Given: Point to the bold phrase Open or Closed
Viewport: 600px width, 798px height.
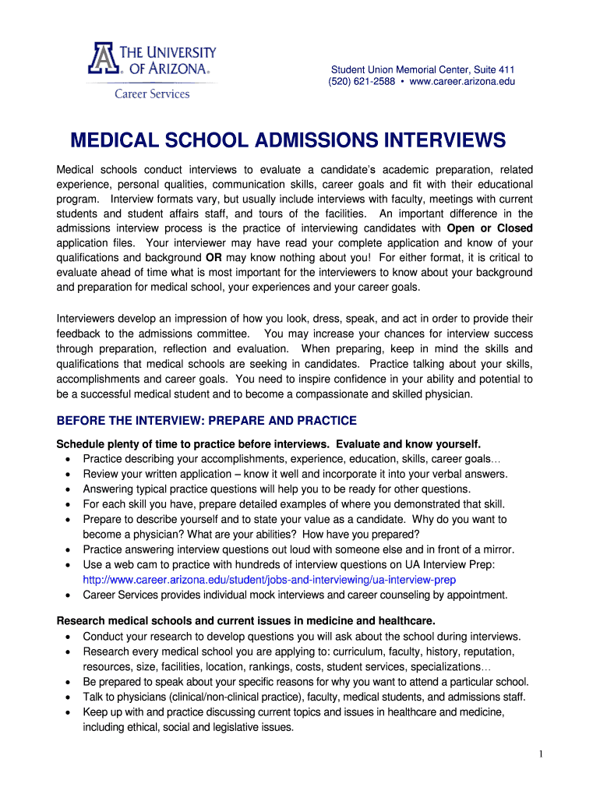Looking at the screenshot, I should (489, 228).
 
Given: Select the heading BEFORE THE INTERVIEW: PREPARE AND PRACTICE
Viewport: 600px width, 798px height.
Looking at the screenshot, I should (206, 421).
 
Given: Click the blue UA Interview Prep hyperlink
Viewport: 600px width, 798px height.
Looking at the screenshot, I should (269, 581).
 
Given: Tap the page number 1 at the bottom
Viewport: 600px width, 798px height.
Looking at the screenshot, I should (539, 754).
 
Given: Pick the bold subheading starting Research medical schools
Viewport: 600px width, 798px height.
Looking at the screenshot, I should (245, 620).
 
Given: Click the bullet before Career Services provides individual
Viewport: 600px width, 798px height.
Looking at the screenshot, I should (69, 595).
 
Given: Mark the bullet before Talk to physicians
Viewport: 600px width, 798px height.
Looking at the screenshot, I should (69, 697).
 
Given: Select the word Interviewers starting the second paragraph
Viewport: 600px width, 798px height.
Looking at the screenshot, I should (87, 319).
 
